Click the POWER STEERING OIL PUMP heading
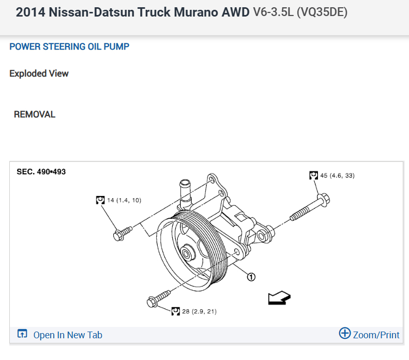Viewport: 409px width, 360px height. point(69,47)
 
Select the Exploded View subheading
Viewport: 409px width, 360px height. point(39,73)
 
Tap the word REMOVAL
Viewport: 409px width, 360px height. point(35,114)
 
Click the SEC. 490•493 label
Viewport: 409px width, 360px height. point(41,172)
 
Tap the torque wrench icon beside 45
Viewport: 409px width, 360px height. point(313,175)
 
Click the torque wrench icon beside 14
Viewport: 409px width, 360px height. point(100,200)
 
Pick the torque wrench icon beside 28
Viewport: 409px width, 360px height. point(175,311)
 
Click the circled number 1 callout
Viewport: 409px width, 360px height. point(251,277)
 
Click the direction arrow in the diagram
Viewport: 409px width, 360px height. point(279,298)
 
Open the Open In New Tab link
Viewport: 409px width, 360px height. point(67,335)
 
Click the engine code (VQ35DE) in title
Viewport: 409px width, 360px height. point(322,12)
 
